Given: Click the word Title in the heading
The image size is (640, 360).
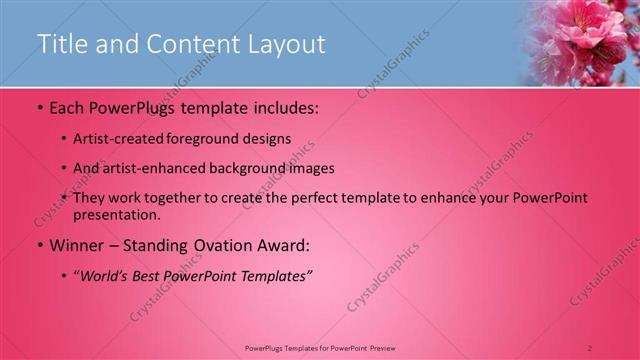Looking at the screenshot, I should pyautogui.click(x=61, y=44).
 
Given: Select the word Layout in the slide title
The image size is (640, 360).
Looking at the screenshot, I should pyautogui.click(x=285, y=44).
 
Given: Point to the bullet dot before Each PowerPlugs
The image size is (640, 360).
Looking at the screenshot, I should pyautogui.click(x=40, y=106).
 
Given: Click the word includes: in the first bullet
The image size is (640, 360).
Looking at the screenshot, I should pyautogui.click(x=280, y=106).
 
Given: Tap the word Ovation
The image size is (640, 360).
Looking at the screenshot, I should pyautogui.click(x=219, y=244).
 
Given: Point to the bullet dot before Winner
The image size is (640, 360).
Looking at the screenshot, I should pyautogui.click(x=40, y=244).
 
